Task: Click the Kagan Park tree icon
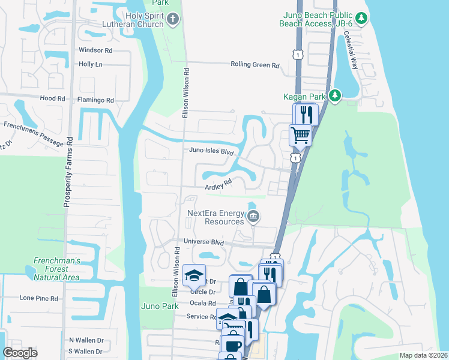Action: click(335, 96)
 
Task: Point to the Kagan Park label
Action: click(304, 96)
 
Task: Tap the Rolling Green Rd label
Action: click(256, 65)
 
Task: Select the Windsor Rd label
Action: click(95, 50)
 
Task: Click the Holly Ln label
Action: click(91, 64)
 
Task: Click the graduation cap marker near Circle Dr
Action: click(194, 275)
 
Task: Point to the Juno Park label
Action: click(160, 306)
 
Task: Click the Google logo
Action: click(20, 353)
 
